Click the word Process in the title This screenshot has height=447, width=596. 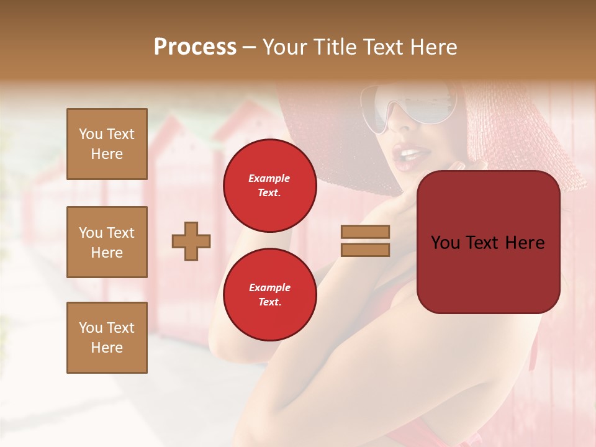click(x=195, y=47)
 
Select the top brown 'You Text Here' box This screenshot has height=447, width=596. click(x=107, y=144)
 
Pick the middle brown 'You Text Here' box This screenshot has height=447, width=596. click(x=107, y=242)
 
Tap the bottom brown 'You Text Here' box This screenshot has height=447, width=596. click(x=107, y=337)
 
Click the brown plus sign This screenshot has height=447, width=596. click(x=191, y=241)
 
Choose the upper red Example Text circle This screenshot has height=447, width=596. click(x=269, y=185)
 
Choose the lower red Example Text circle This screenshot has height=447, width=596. click(x=269, y=294)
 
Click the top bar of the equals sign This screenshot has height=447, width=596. click(x=365, y=232)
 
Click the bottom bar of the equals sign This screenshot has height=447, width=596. click(x=365, y=250)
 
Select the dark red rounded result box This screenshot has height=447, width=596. click(x=488, y=242)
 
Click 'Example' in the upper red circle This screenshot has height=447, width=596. click(x=269, y=178)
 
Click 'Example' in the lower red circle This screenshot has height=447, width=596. click(x=269, y=287)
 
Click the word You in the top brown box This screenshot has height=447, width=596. click(x=90, y=134)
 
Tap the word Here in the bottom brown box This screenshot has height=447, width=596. click(x=107, y=348)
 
